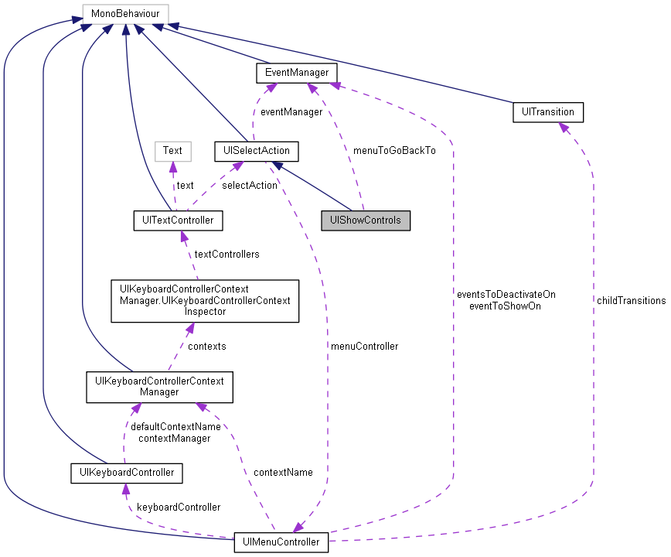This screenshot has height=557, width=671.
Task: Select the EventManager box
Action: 297,73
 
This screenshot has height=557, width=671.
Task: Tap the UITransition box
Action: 547,111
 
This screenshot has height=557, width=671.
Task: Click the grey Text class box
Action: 172,150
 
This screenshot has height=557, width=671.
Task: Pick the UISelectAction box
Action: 256,150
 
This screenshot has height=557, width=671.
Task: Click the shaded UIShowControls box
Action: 366,220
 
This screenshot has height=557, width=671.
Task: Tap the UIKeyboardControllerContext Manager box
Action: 158,386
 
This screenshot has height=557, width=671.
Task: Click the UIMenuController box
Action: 281,542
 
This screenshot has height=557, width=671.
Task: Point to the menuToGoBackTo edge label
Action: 393,150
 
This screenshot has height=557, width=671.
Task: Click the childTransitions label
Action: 630,300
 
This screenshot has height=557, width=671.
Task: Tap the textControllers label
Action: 227,254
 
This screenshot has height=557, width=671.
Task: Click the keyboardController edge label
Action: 178,507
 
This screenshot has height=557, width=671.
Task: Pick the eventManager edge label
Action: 291,111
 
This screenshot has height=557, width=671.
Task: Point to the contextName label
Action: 283,472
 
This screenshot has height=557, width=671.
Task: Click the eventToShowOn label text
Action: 505,306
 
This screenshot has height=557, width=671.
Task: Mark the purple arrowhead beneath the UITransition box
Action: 561,128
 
